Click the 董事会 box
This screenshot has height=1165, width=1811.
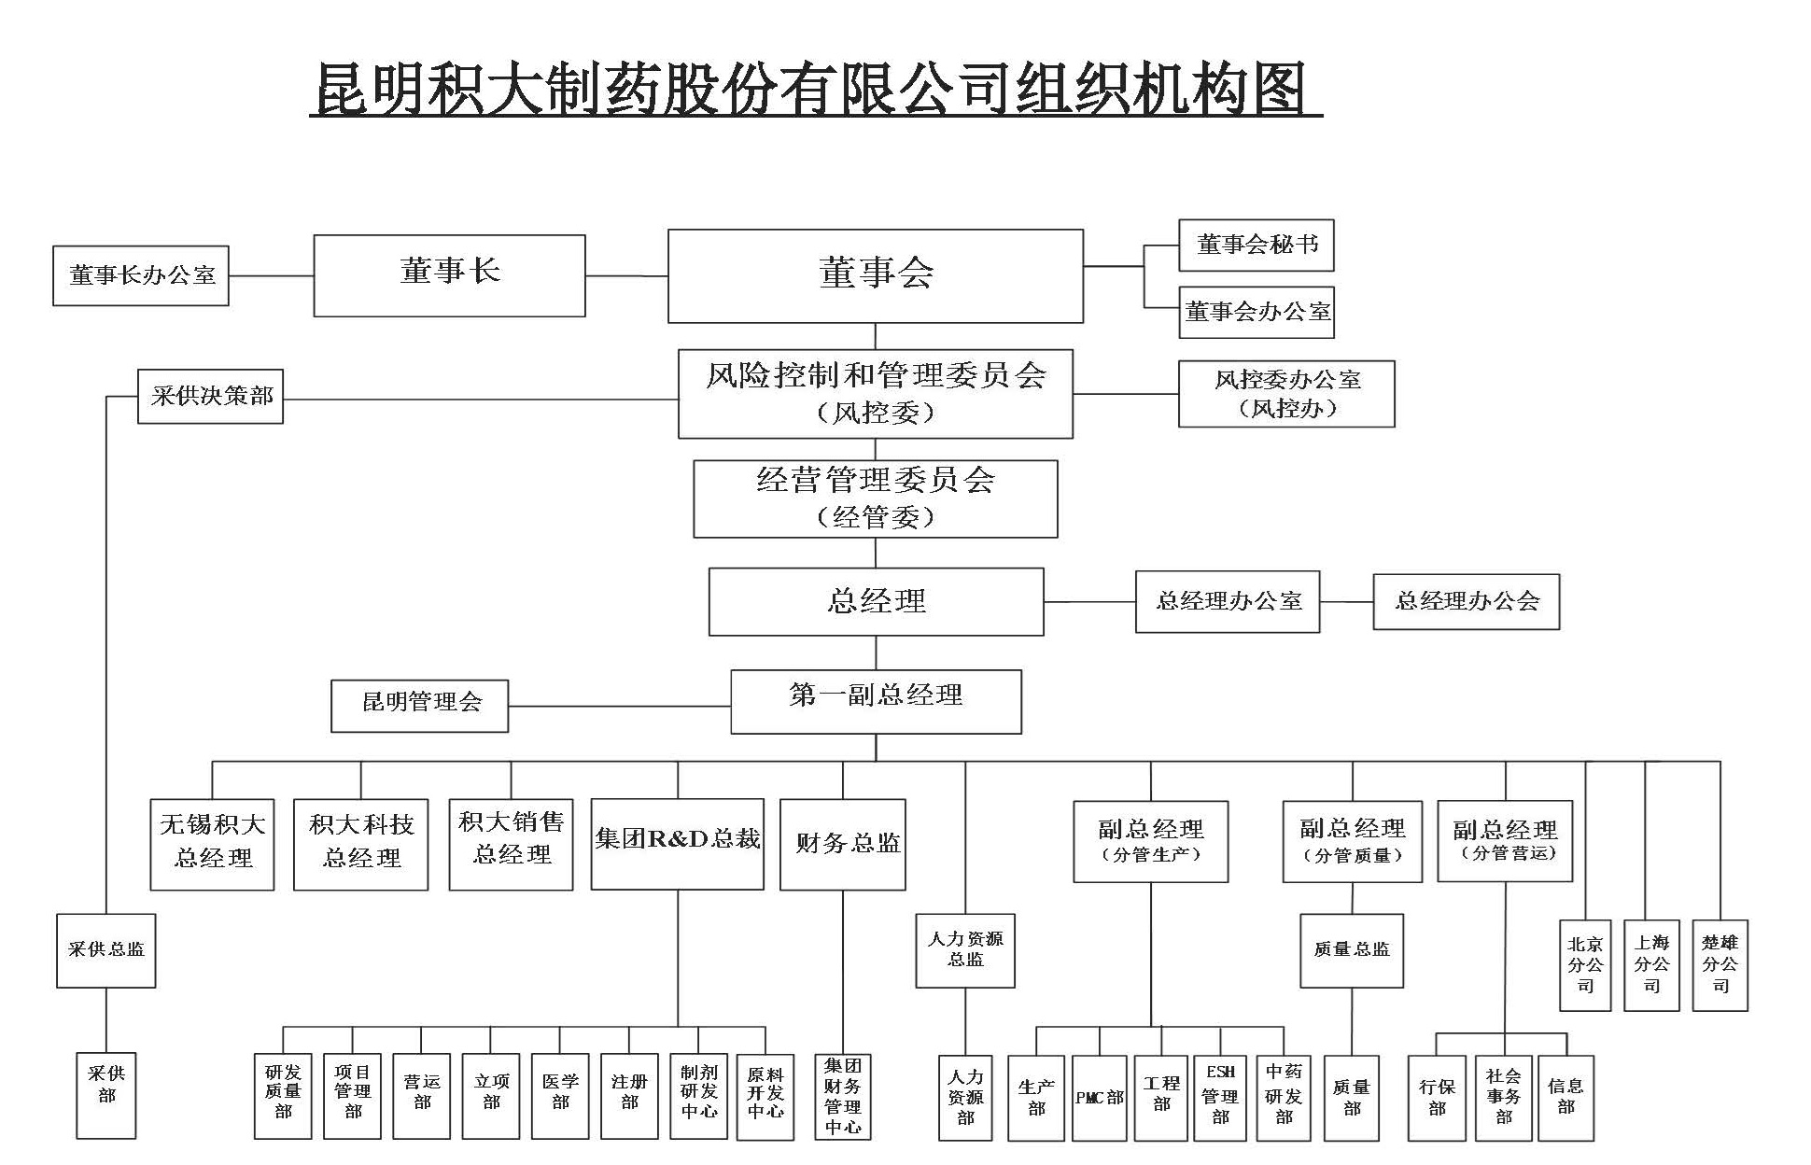pyautogui.click(x=875, y=275)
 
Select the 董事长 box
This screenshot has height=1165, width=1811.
pyautogui.click(x=449, y=275)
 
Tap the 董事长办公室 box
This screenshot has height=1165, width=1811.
pyautogui.click(x=141, y=275)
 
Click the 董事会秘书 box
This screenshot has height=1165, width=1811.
pyautogui.click(x=1256, y=246)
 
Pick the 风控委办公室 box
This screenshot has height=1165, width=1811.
pyautogui.click(x=1286, y=394)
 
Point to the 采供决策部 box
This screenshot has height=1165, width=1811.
pyautogui.click(x=210, y=397)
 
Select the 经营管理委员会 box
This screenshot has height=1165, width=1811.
pyautogui.click(x=875, y=498)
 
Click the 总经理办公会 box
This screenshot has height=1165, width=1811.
pyautogui.click(x=1466, y=601)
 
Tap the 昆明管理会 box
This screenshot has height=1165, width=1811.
pyautogui.click(x=420, y=705)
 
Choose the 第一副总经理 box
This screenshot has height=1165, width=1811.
pyautogui.click(x=875, y=701)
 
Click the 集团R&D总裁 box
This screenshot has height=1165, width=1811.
pyautogui.click(x=677, y=843)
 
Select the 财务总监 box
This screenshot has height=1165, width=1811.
pyautogui.click(x=842, y=844)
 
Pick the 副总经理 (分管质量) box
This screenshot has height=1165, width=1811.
pyautogui.click(x=1352, y=841)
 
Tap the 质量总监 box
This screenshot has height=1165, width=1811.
pyautogui.click(x=1352, y=950)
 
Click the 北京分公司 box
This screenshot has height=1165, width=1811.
pyautogui.click(x=1585, y=965)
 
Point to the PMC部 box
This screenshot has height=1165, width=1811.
pyautogui.click(x=1099, y=1098)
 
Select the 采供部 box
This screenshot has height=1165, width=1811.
pyautogui.click(x=105, y=1096)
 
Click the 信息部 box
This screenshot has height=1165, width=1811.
pyautogui.click(x=1565, y=1098)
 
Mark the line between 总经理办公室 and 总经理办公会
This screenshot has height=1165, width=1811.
pyautogui.click(x=1346, y=602)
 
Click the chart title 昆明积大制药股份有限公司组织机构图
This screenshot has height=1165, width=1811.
pyautogui.click(x=815, y=91)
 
